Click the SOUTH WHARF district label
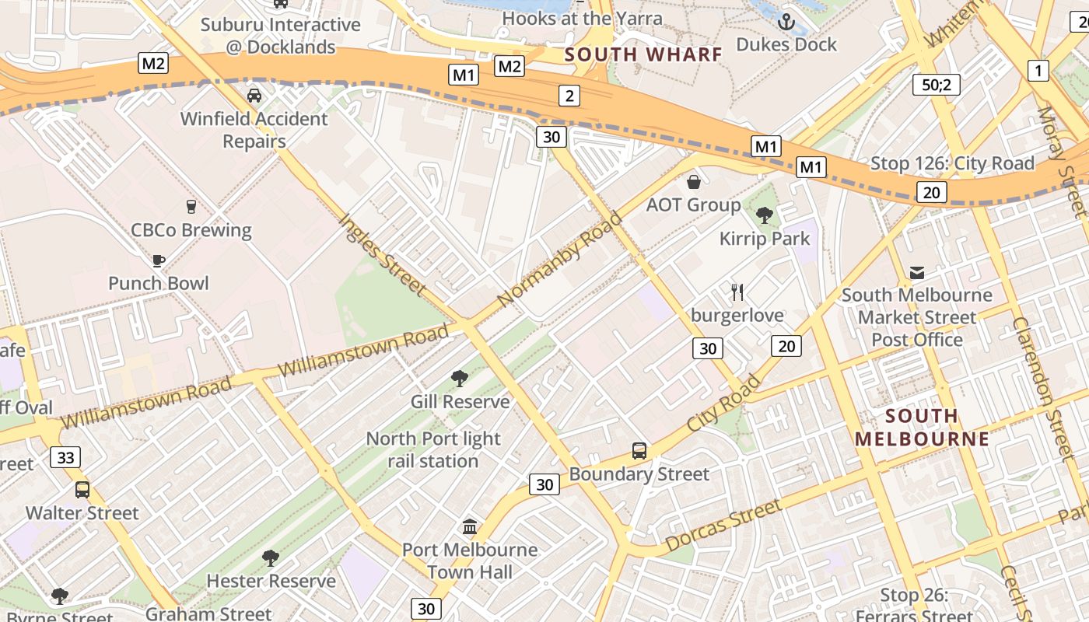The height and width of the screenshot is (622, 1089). pyautogui.click(x=643, y=54)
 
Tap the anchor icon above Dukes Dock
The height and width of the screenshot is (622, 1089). pyautogui.click(x=786, y=21)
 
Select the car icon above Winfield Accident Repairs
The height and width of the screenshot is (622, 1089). pyautogui.click(x=254, y=96)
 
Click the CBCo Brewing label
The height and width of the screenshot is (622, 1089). pyautogui.click(x=191, y=230)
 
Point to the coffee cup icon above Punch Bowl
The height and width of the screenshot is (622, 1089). pyautogui.click(x=159, y=260)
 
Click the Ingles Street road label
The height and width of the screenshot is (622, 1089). pyautogui.click(x=383, y=254)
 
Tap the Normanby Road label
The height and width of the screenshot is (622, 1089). pyautogui.click(x=560, y=258)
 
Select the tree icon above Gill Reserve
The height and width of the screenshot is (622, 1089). pyautogui.click(x=460, y=379)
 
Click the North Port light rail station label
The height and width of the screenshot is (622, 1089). pyautogui.click(x=433, y=449)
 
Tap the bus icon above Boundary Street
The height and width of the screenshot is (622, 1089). pyautogui.click(x=639, y=451)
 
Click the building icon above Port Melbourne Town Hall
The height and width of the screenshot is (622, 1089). pyautogui.click(x=470, y=527)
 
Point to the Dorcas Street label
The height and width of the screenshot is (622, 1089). pyautogui.click(x=723, y=526)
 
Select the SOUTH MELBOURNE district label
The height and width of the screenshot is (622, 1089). pyautogui.click(x=922, y=427)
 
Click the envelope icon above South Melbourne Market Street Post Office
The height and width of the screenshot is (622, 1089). pyautogui.click(x=917, y=272)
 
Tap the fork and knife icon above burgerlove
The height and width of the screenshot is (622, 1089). pyautogui.click(x=737, y=292)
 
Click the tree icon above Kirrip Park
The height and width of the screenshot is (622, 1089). pyautogui.click(x=764, y=215)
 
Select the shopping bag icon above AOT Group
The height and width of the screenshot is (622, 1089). pyautogui.click(x=693, y=182)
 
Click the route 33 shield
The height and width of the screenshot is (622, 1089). pyautogui.click(x=65, y=457)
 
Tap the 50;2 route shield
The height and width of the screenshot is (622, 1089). pyautogui.click(x=936, y=84)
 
